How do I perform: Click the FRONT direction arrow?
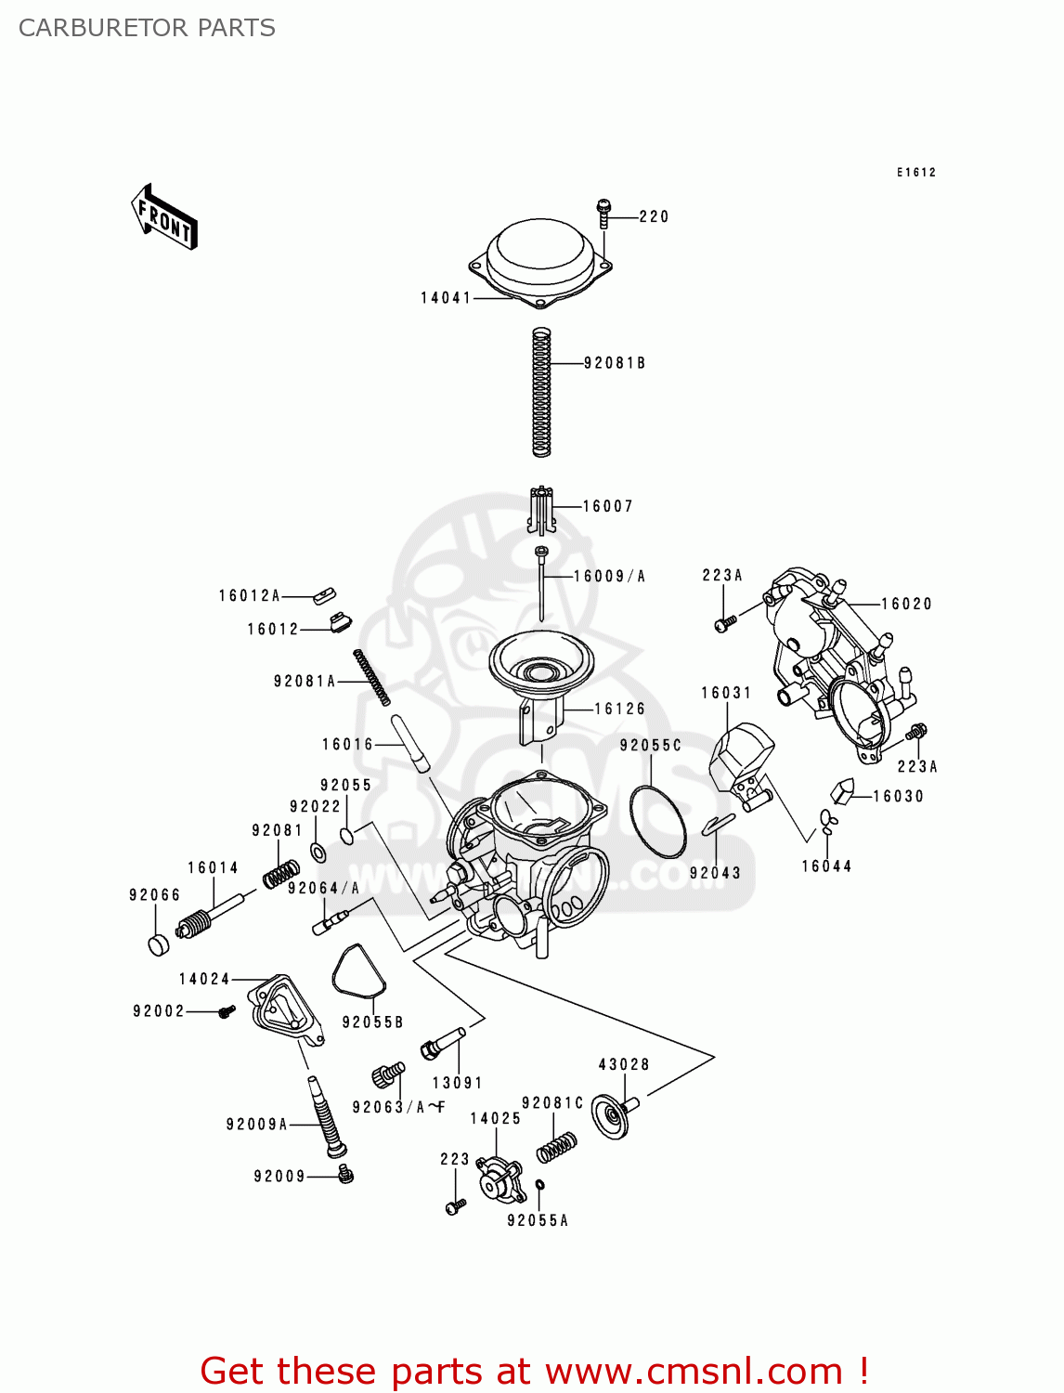[164, 217]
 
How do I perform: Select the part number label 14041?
[446, 298]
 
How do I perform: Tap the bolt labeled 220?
[603, 213]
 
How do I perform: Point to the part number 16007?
[607, 506]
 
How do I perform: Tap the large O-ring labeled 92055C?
[657, 822]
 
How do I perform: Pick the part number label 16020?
[906, 604]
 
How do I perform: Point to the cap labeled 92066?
[160, 944]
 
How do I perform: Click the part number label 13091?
[457, 1083]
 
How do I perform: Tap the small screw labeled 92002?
[226, 1011]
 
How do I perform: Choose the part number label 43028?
[623, 1064]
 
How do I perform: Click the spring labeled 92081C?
[556, 1148]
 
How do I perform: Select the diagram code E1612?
[915, 172]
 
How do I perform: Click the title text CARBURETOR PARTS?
[147, 28]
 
